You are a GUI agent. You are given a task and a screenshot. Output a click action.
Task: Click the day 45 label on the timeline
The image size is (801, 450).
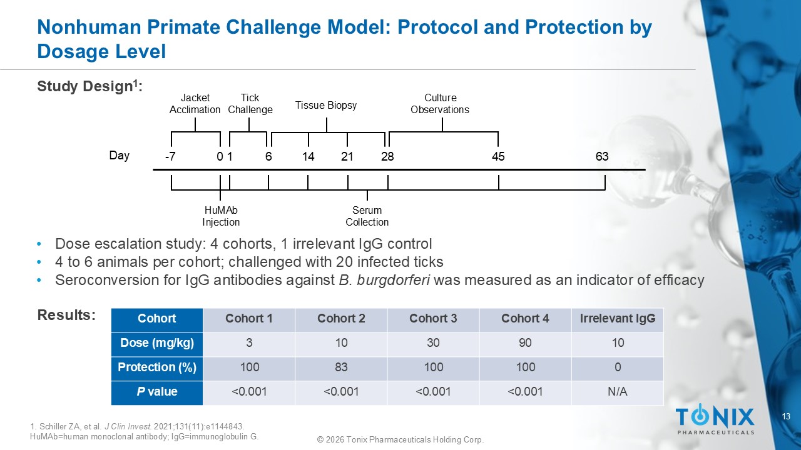click(x=498, y=156)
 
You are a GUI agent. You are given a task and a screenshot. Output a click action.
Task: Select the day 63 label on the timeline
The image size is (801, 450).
click(x=602, y=156)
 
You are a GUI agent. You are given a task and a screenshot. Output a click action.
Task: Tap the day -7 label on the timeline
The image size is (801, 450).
click(x=170, y=156)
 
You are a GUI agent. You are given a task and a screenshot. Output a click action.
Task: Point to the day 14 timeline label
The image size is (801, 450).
click(x=308, y=156)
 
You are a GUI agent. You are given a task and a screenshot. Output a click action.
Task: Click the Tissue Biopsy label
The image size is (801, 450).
click(x=326, y=106)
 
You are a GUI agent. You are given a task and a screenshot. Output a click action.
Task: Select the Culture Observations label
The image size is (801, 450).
click(x=440, y=104)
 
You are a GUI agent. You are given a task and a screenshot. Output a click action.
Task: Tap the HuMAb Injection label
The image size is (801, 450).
click(x=221, y=216)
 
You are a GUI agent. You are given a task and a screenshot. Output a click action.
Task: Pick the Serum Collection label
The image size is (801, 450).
click(x=367, y=216)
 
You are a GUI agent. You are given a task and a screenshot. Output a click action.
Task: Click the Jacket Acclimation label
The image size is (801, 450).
click(x=195, y=104)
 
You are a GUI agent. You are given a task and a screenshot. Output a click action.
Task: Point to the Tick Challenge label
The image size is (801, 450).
click(x=250, y=104)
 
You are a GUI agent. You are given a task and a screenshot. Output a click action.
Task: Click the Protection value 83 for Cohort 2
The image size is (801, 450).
click(x=341, y=367)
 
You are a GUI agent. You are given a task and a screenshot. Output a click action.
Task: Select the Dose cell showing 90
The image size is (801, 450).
click(x=525, y=343)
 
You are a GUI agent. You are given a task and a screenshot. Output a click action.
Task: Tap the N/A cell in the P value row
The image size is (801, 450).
click(x=617, y=392)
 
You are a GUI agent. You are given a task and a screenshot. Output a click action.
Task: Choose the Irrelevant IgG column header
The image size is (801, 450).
click(x=618, y=318)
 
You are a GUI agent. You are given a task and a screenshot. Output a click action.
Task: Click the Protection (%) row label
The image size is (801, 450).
click(x=157, y=367)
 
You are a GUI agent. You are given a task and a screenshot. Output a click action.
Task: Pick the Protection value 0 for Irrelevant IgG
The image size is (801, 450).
click(x=618, y=367)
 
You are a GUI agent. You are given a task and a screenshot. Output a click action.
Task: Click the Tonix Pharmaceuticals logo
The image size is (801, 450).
click(x=715, y=419)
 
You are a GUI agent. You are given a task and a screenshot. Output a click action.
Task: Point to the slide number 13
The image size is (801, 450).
click(x=786, y=416)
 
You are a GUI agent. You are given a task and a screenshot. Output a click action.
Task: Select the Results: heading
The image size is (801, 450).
click(x=66, y=315)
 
